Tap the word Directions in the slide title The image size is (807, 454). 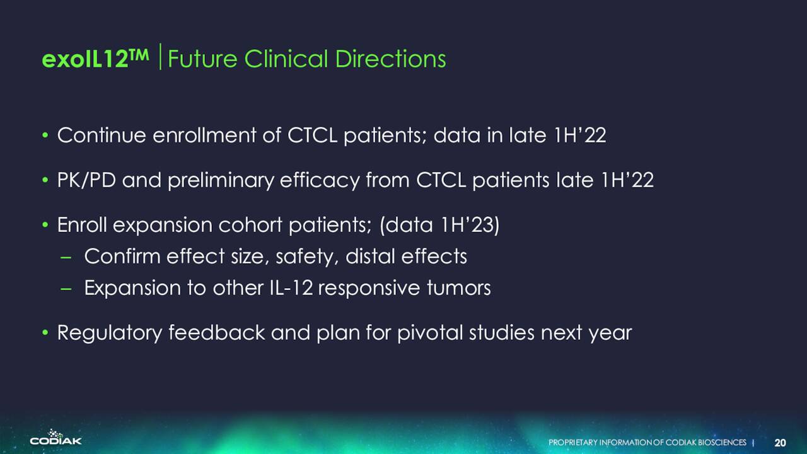[390, 59]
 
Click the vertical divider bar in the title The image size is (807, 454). [160, 57]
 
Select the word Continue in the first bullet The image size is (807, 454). [102, 136]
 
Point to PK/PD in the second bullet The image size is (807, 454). [86, 180]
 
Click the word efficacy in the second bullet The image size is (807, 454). [320, 180]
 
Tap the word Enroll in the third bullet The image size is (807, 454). [82, 225]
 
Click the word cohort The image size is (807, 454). [250, 225]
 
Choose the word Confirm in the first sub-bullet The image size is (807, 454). [122, 256]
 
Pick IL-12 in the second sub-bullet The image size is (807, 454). [291, 288]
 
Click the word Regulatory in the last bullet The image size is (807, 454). [110, 332]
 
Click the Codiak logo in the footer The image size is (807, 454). [56, 437]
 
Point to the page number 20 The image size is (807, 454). [780, 443]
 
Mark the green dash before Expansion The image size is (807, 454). [66, 289]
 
